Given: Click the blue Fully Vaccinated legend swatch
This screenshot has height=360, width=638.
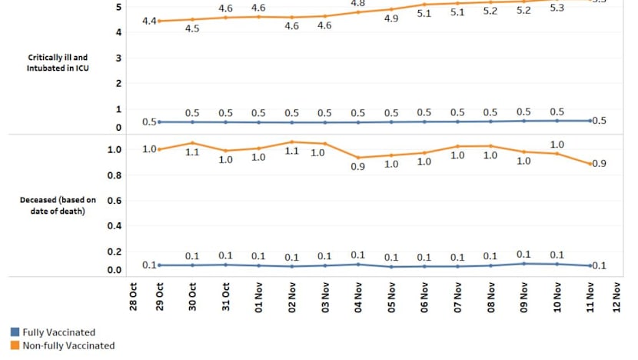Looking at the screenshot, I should (15, 332).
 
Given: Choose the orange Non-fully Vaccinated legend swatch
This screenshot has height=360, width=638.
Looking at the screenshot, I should (15, 345).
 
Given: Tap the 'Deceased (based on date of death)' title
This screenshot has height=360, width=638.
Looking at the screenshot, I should (53, 205).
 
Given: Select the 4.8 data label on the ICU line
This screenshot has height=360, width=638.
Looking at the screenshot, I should (358, 4).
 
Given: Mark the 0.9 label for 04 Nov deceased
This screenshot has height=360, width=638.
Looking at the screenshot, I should (358, 167).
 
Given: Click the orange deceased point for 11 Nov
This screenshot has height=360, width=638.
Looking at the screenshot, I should (590, 164).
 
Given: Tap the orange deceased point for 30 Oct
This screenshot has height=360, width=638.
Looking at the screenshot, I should (193, 142).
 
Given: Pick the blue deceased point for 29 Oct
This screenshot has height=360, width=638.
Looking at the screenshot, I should (159, 265).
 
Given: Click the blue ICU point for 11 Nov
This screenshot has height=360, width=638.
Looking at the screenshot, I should (590, 120).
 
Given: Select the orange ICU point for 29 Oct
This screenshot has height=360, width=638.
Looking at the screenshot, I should (159, 21).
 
